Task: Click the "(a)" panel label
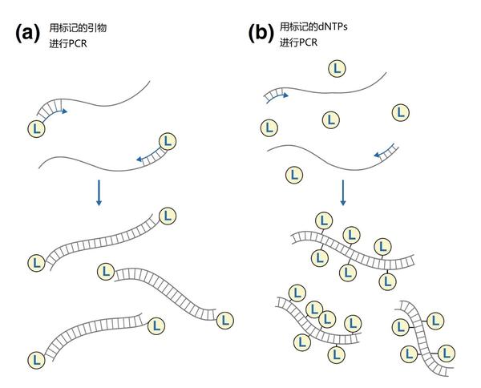(x=27, y=33)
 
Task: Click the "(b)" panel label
(x=261, y=33)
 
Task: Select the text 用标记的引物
(x=78, y=28)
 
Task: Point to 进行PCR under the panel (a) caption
(x=68, y=44)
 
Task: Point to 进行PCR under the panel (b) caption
(x=298, y=42)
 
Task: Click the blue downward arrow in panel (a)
(x=99, y=192)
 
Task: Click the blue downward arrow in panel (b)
(x=343, y=192)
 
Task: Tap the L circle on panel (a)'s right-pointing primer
(x=36, y=129)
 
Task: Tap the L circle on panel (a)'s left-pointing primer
(x=168, y=141)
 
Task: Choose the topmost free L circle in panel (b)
(x=337, y=69)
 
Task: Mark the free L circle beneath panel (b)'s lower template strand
(x=294, y=175)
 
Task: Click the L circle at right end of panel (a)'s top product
(x=168, y=216)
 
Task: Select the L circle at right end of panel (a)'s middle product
(x=225, y=321)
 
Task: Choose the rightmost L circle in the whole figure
(x=446, y=354)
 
